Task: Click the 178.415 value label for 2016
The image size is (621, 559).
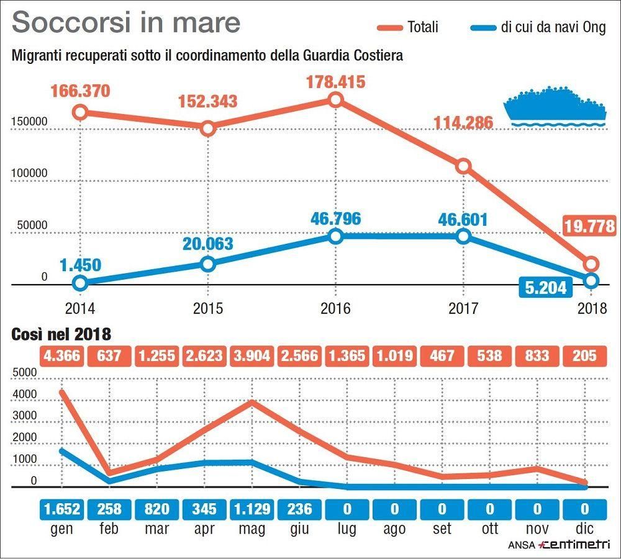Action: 335,82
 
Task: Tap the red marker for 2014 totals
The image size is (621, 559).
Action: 79,112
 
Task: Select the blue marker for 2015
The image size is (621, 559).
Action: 208,264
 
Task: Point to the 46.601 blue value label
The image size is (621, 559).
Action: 463,220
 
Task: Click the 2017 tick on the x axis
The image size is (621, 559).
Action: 463,308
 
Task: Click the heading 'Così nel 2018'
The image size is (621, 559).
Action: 61,335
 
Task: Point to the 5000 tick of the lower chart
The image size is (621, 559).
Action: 25,372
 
